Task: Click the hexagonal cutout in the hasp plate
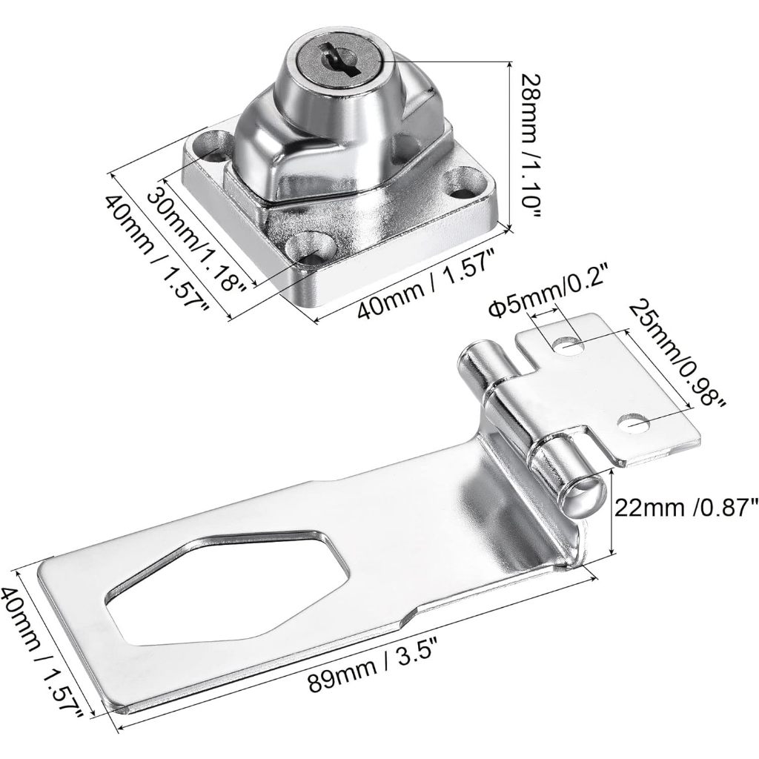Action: click(x=228, y=586)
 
